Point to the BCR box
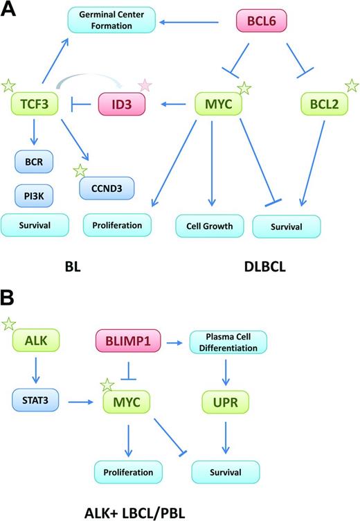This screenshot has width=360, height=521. point(34,164)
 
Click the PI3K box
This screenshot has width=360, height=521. point(34,195)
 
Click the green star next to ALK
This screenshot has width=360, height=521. point(10,323)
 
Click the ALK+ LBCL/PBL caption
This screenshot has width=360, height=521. point(92,506)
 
